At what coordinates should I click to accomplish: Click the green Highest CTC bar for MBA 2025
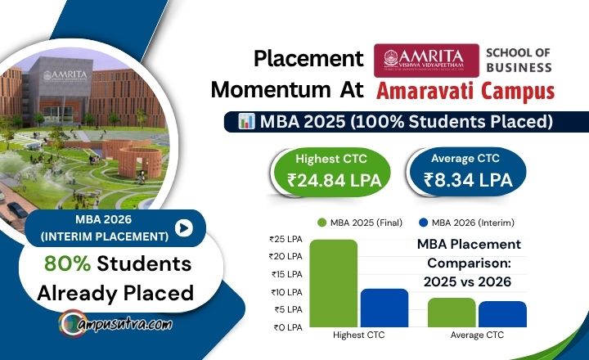tap(334, 283)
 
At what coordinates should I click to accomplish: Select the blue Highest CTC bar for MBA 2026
tap(384, 308)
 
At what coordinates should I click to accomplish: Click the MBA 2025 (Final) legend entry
tap(366, 223)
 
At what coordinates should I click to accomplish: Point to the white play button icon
tap(185, 227)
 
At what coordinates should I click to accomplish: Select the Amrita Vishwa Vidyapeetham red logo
tap(425, 60)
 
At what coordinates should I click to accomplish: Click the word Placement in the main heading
tap(308, 59)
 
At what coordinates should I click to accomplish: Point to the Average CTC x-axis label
tap(477, 335)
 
